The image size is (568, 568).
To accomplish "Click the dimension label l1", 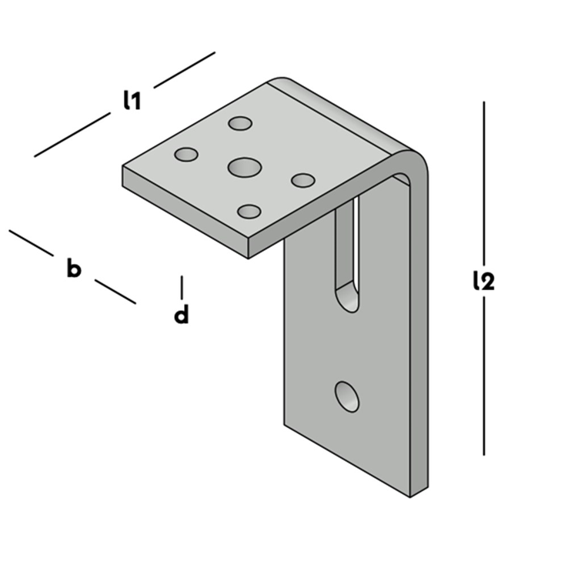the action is pos(132,100).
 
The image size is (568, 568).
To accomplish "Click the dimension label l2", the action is pos(484,281).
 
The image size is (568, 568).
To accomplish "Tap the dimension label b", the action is pos(74,268).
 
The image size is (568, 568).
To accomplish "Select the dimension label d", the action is pos(182,313).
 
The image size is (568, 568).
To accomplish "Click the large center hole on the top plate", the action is pos(245,167).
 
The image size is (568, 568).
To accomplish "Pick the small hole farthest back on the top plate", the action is pos(240,123).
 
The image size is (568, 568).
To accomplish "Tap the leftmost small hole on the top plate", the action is pos(186,155).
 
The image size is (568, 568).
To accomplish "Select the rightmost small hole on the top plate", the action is pos(303,180).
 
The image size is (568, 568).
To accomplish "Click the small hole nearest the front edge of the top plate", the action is pos(249,212).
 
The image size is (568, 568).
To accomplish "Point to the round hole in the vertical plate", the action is pos(347,396).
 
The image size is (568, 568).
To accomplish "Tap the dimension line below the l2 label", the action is pos(484,376).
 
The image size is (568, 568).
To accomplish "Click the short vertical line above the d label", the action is pos(182,287).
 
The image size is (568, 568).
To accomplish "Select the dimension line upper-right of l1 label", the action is pos(185,70).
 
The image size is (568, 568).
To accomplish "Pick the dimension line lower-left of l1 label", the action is pos(72,135).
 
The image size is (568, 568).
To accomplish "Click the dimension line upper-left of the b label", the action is pos(31,243).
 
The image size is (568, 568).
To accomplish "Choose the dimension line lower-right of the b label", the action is pos(115,291).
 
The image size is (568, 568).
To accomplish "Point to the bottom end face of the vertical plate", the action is pos(419,492).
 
